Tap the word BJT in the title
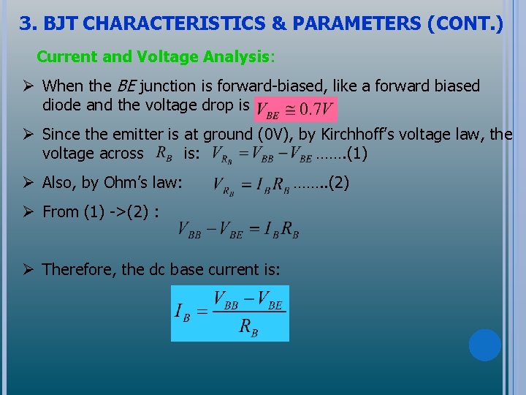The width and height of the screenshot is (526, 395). (x=61, y=24)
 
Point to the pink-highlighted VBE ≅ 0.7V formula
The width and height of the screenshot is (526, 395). (x=295, y=108)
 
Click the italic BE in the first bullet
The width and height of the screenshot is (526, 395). (x=126, y=86)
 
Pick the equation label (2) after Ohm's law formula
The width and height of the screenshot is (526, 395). (x=338, y=183)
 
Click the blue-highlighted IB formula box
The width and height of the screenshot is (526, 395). (x=230, y=313)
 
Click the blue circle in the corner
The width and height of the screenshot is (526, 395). (x=484, y=345)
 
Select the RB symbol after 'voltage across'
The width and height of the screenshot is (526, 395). (x=164, y=154)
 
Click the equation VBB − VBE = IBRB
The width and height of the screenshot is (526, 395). (x=238, y=230)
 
